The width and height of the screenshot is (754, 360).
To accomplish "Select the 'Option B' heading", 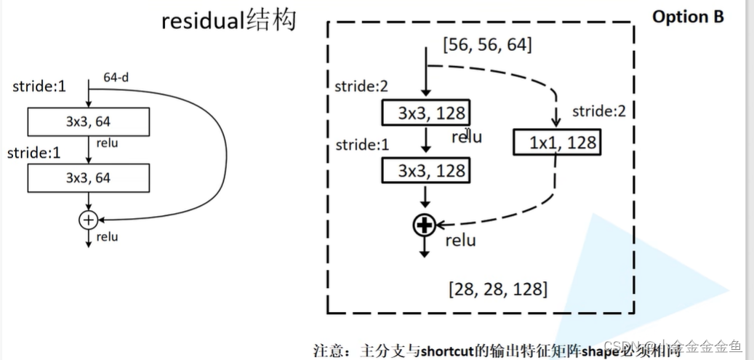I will (688, 17).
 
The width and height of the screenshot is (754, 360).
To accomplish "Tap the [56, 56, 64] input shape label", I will (487, 45).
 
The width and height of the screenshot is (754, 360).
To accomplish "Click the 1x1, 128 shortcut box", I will (556, 142).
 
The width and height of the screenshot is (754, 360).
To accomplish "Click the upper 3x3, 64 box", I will (88, 121).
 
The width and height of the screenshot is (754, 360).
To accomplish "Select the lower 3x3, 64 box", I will (88, 177).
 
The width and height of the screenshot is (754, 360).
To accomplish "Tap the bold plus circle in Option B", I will (424, 226).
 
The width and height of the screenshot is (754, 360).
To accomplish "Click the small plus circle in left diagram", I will (89, 218).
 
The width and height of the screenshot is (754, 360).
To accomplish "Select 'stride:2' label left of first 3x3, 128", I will (361, 87).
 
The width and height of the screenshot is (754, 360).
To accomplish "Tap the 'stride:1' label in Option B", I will (361, 145).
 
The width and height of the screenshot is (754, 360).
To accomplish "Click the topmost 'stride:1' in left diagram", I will (39, 87).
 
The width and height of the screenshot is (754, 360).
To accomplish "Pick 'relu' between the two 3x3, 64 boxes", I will (107, 143).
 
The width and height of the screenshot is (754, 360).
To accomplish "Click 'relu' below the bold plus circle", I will (460, 241).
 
